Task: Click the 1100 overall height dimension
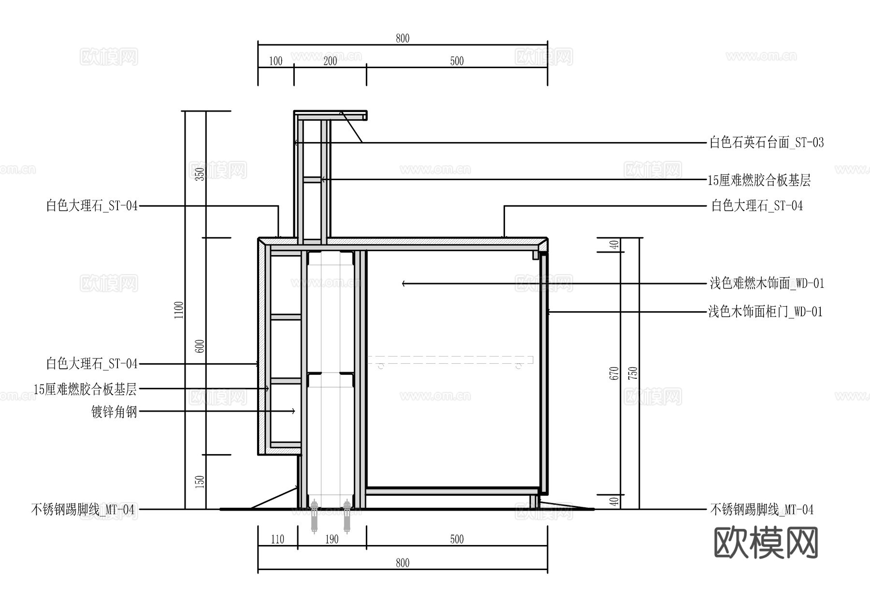point(179,310)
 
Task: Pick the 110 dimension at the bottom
point(277,539)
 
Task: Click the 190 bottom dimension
point(332,539)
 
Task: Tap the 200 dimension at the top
point(330,61)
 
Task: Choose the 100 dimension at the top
point(275,61)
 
